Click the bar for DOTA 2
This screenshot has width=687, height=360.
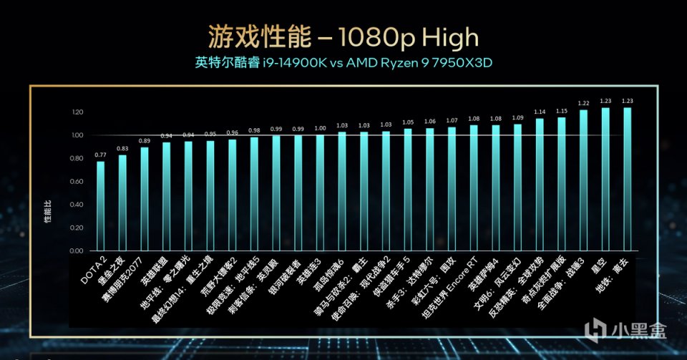pyautogui.click(x=100, y=207)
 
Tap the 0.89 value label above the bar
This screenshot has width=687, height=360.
pyautogui.click(x=145, y=141)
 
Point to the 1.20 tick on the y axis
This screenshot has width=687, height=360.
pyautogui.click(x=78, y=112)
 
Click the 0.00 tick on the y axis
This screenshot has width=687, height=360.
pyautogui.click(x=78, y=252)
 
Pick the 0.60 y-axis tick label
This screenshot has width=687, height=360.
pyautogui.click(x=78, y=182)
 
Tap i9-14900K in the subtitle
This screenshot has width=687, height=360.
pyautogui.click(x=294, y=63)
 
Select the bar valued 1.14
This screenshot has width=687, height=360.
pyautogui.click(x=539, y=185)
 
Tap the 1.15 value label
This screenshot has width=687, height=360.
pyautogui.click(x=562, y=111)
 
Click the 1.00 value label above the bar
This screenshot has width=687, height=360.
pyautogui.click(x=320, y=128)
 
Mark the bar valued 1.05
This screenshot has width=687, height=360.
pyautogui.click(x=407, y=190)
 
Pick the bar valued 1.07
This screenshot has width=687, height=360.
pyautogui.click(x=452, y=189)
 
